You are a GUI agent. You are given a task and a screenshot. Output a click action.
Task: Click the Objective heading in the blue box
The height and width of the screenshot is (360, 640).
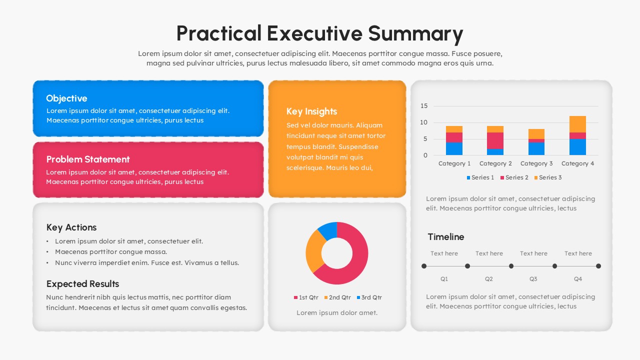point(66,98)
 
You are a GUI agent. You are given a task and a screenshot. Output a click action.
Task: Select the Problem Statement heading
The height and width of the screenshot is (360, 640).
point(88,159)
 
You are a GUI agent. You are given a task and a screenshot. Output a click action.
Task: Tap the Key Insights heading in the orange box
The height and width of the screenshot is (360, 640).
point(311,111)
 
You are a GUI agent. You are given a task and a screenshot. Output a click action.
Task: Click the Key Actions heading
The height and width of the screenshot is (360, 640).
point(71,227)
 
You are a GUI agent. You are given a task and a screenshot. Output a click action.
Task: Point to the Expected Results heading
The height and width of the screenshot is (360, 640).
point(82,284)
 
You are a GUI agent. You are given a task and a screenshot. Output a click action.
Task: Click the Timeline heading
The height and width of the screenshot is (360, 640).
point(445,237)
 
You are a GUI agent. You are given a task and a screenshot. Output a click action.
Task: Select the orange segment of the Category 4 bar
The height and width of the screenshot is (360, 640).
point(577,124)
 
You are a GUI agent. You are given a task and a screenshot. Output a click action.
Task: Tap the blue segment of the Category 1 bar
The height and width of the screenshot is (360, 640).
point(454,148)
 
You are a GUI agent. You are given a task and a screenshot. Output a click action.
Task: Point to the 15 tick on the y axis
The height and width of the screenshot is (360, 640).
point(424,106)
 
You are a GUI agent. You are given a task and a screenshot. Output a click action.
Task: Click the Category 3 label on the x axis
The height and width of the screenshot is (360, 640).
point(536,163)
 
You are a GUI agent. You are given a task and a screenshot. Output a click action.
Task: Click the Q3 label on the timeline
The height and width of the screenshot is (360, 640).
point(533,279)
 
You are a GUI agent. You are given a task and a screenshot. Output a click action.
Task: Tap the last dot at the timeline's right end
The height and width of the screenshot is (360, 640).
point(598,266)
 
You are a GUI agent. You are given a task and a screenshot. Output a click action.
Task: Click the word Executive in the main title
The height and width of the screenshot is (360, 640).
point(314,33)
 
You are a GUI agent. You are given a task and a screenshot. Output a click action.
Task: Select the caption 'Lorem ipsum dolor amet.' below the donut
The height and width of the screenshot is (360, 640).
point(337,313)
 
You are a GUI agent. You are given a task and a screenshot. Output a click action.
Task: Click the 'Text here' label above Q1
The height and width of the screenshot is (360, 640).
point(444,253)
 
